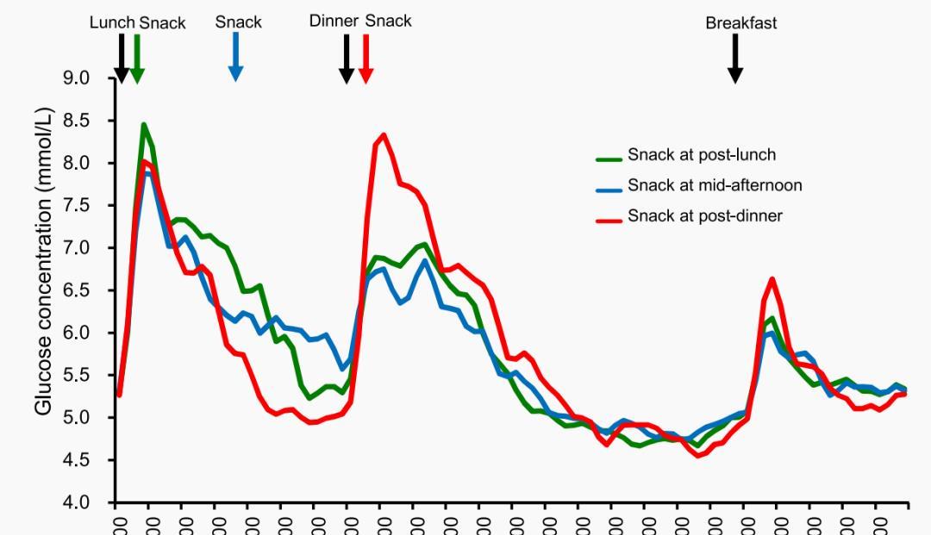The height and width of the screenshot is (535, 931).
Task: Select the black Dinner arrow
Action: [347, 59]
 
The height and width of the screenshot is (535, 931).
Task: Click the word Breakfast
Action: [741, 23]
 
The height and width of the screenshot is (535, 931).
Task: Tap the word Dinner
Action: [334, 21]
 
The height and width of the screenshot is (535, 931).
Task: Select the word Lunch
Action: [112, 22]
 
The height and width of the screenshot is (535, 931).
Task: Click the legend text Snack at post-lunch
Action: [701, 155]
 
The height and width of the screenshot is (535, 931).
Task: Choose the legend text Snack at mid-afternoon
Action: [715, 185]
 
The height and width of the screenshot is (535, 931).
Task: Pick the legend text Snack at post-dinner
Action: [704, 215]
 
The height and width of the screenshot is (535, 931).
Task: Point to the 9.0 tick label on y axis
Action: [77, 78]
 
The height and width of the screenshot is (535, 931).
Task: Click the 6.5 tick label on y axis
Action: [77, 290]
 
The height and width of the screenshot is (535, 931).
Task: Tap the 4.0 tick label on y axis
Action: [77, 502]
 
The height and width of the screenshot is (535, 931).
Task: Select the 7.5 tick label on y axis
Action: [77, 206]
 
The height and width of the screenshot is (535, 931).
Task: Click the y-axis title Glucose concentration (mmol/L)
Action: [45, 261]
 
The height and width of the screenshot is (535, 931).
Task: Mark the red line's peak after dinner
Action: [384, 134]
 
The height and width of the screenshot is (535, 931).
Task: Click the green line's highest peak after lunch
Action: [144, 125]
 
